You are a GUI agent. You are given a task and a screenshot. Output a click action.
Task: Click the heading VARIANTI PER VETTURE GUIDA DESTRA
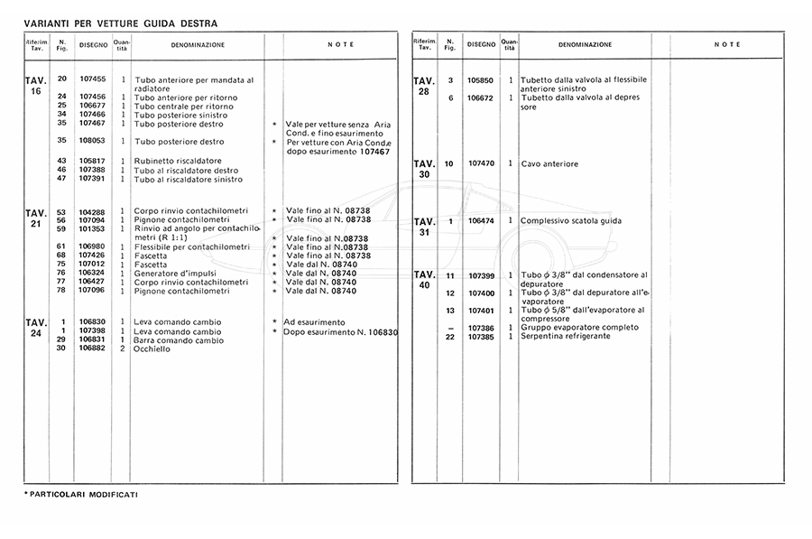[120, 23]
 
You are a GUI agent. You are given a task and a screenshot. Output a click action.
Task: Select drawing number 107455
[93, 79]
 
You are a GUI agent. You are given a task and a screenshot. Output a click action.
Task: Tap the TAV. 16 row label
[36, 86]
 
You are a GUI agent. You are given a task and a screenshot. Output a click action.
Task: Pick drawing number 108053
[93, 142]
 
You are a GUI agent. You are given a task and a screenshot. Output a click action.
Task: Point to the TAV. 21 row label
[36, 218]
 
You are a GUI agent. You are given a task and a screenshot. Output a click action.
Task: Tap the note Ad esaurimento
[314, 321]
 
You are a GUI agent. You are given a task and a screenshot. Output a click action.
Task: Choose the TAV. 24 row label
[36, 327]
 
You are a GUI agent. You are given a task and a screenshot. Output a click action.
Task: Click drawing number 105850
[481, 80]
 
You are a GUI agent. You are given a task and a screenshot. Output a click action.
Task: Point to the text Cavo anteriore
[549, 164]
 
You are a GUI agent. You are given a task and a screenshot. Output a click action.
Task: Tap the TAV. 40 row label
[424, 280]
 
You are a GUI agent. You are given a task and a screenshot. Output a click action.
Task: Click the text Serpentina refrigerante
[566, 337]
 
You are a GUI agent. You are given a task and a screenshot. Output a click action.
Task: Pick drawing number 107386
[481, 328]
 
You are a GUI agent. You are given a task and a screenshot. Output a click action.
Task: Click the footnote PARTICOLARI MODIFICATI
[81, 496]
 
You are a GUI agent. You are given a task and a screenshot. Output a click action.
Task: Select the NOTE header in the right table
[727, 44]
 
